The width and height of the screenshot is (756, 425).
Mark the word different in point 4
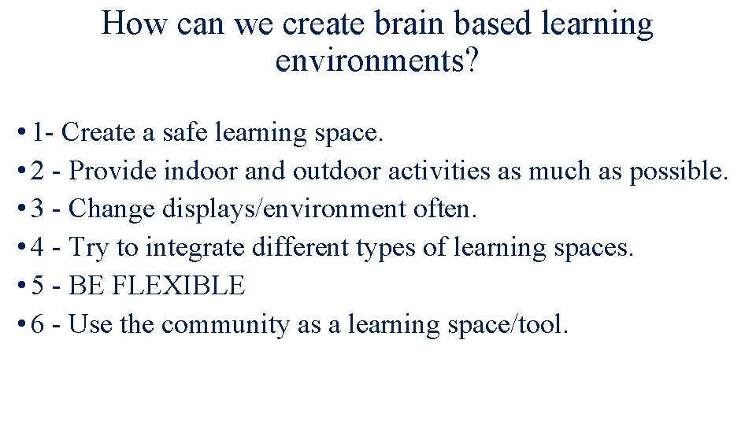tap(291, 247)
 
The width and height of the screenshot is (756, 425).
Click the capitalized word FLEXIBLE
tap(179, 286)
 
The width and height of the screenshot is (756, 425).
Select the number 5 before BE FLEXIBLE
tap(39, 286)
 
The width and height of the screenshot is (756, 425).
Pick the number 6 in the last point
tap(39, 325)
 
